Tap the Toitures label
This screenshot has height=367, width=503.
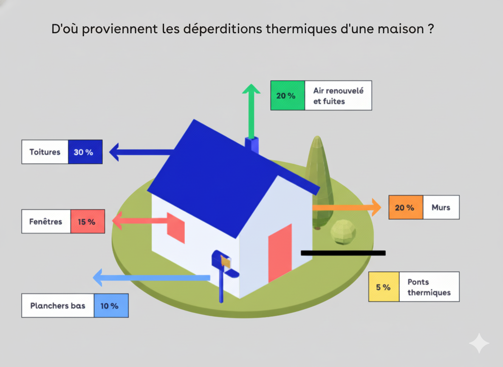click(45, 152)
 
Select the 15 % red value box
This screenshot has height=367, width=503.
click(88, 221)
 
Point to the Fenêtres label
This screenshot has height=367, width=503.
click(46, 221)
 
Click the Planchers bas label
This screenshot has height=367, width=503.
click(58, 305)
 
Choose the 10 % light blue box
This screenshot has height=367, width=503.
click(110, 305)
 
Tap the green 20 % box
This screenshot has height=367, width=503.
click(287, 96)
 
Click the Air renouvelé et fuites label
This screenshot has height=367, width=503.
click(338, 96)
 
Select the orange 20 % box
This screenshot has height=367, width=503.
click(406, 207)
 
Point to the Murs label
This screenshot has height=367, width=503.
click(441, 207)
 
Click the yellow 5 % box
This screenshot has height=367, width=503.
click(384, 287)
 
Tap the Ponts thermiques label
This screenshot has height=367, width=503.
click(429, 287)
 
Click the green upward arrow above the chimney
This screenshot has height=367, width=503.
click(251, 110)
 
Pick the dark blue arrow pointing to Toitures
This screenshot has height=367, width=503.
click(140, 152)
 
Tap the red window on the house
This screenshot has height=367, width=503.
click(175, 227)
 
